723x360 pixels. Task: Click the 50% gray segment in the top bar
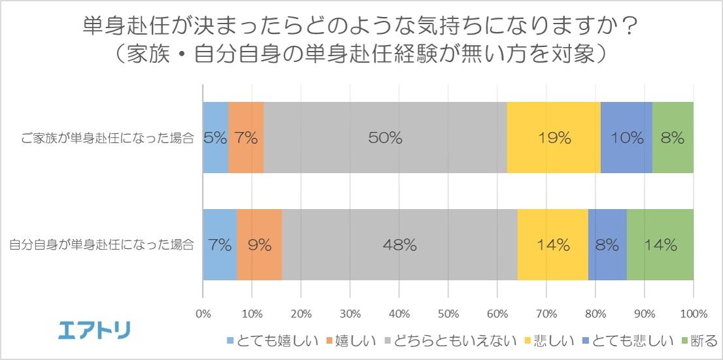click(x=384, y=138)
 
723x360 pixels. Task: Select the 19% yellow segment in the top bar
click(x=554, y=138)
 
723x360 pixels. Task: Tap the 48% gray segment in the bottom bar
click(x=400, y=245)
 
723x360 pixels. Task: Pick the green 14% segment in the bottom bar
click(x=660, y=245)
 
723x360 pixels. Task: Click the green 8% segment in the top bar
click(x=673, y=138)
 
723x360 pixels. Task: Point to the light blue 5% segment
click(x=216, y=138)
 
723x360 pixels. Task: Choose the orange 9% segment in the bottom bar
click(x=260, y=245)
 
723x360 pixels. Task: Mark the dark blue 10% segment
click(x=626, y=138)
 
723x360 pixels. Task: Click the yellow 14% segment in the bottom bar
click(x=552, y=245)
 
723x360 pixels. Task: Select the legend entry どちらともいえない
click(x=451, y=340)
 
